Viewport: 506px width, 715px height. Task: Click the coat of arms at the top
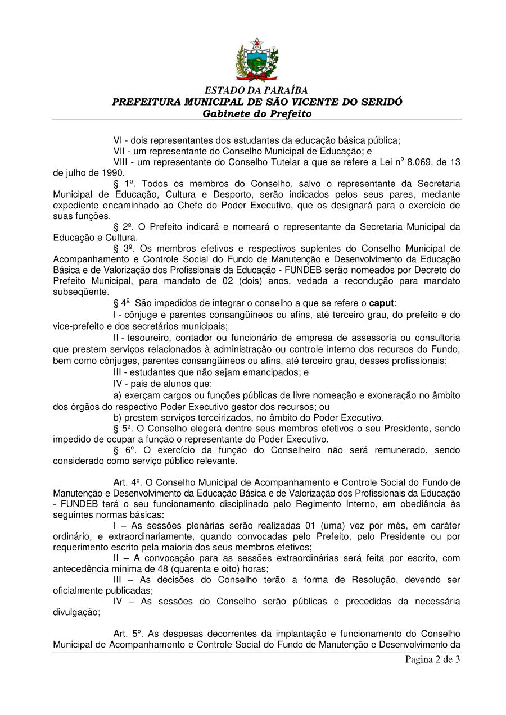point(256,60)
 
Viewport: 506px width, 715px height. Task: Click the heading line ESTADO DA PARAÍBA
point(256,90)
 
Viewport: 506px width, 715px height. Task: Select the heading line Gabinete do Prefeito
point(256,114)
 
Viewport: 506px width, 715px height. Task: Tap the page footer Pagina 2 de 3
point(432,659)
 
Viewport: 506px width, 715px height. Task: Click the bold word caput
point(381,303)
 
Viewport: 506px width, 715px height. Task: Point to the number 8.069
point(418,162)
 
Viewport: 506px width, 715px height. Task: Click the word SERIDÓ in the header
point(380,102)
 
